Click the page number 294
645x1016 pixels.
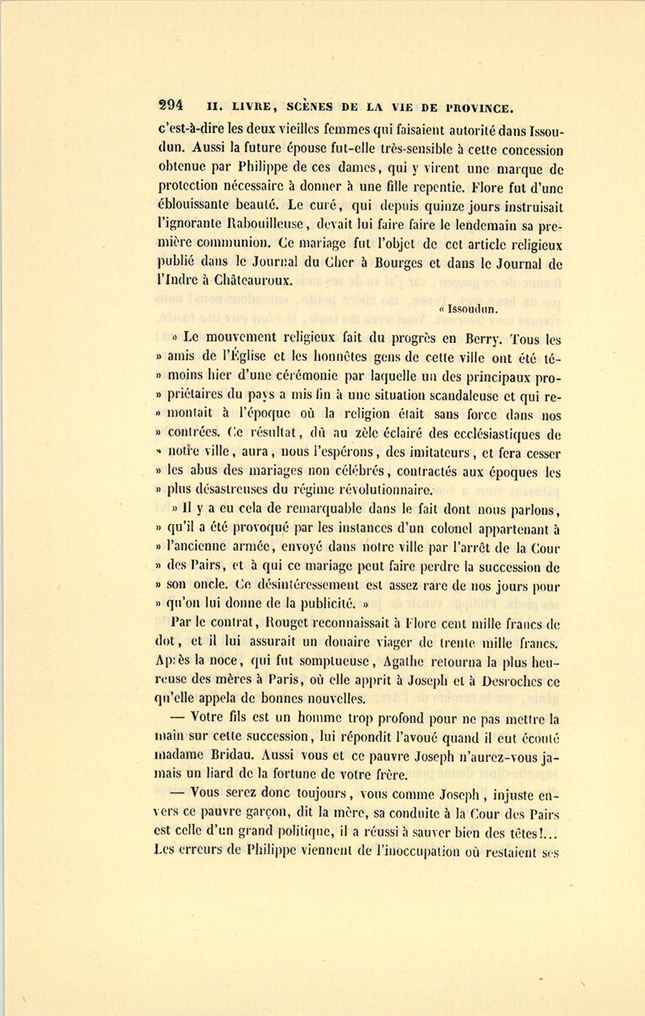click(x=171, y=105)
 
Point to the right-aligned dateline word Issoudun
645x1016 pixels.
click(x=472, y=309)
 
